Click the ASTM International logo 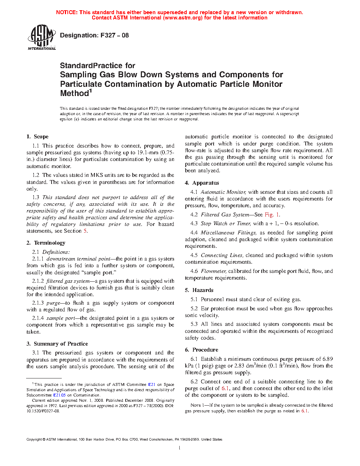(x=41, y=37)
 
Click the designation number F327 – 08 (x=115, y=35)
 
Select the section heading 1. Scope (x=37, y=137)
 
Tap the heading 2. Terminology (x=46, y=243)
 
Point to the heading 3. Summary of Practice (x=57, y=344)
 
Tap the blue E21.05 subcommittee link (x=59, y=395)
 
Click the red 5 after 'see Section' (x=85, y=231)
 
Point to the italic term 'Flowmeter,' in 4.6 (x=214, y=271)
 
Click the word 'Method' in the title (x=74, y=94)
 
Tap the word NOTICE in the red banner (x=67, y=12)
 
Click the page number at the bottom (x=180, y=448)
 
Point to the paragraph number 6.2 (x=194, y=382)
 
